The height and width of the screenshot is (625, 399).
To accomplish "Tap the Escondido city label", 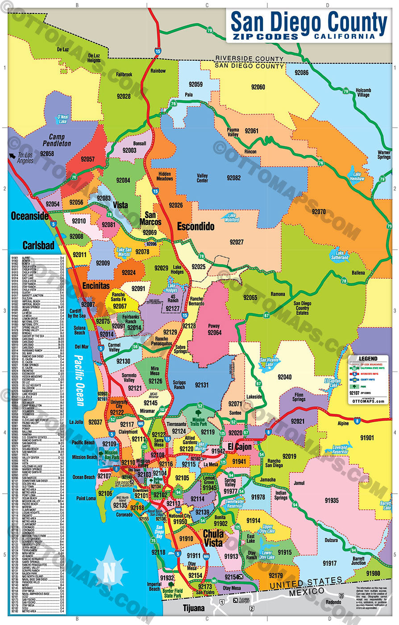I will click(195, 226).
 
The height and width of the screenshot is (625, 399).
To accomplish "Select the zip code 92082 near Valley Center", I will click(233, 178).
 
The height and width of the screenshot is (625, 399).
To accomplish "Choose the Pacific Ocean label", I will click(79, 380).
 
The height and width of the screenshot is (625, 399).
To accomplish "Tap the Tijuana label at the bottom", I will click(194, 608).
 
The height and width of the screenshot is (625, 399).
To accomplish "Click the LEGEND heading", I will click(368, 358).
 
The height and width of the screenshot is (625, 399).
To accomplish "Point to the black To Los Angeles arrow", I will click(13, 156).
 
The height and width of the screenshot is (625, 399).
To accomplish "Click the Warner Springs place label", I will click(383, 154).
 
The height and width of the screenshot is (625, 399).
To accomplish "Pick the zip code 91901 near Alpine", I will click(367, 437).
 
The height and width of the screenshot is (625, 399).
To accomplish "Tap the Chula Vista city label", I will click(213, 538).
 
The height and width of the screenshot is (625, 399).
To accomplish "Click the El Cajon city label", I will click(240, 447).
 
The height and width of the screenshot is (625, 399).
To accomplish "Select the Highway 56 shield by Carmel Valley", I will click(135, 346).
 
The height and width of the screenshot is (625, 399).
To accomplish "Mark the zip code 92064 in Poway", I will click(214, 332).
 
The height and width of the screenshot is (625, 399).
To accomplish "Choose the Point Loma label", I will click(86, 498).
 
